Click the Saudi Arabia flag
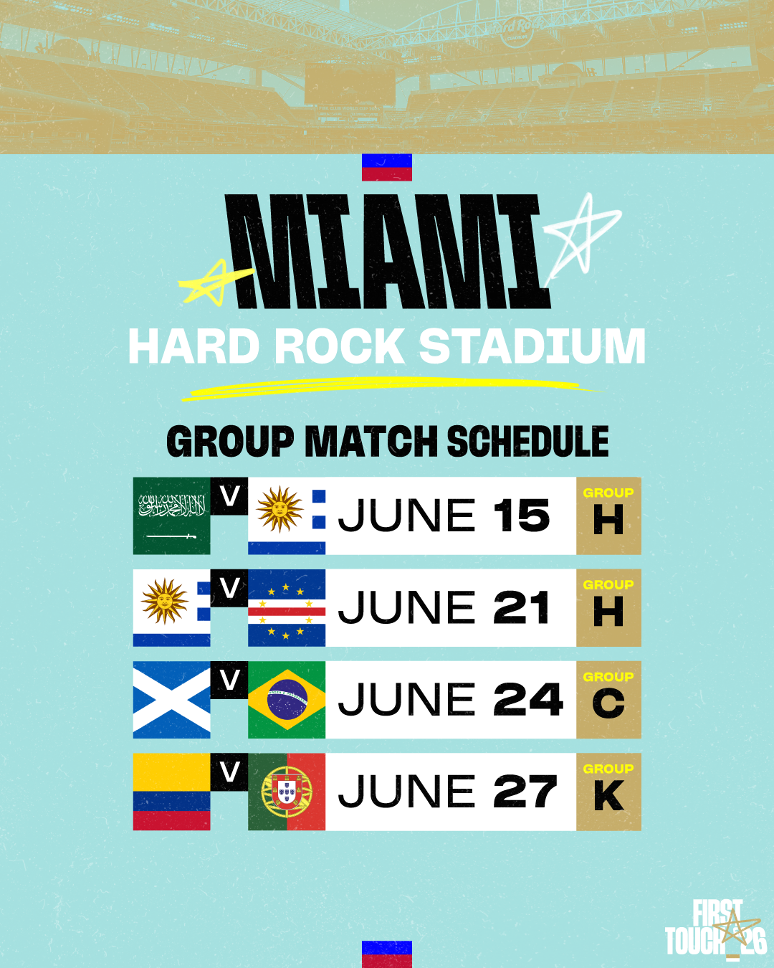(171, 516)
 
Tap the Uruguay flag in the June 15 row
(287, 516)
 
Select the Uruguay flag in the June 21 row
(171, 608)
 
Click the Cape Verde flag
(287, 608)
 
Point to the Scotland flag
(171, 699)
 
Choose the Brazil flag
(287, 699)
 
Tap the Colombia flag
(171, 792)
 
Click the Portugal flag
(287, 792)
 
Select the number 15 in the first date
(522, 516)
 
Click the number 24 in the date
(528, 699)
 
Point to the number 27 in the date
(525, 792)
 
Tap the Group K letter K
(609, 796)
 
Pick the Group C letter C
(608, 704)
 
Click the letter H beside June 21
(608, 612)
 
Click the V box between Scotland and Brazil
(229, 680)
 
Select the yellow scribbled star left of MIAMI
(215, 283)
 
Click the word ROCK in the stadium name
(340, 346)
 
